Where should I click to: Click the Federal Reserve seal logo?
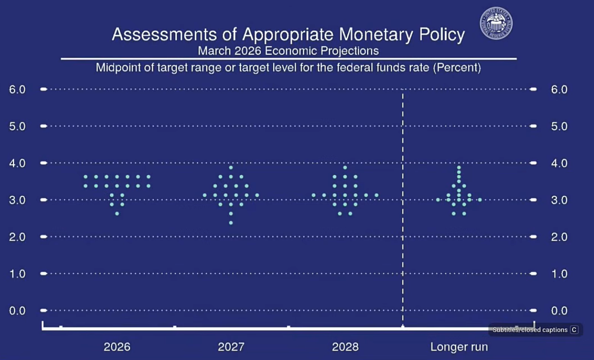coord(495,23)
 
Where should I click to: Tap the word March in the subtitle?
coord(214,51)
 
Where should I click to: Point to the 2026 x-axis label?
coord(117,346)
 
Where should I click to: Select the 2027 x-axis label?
coord(231,346)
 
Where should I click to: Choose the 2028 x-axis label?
coord(345,346)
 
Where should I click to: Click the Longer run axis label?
coord(459,346)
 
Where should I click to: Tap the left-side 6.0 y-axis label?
coord(17,89)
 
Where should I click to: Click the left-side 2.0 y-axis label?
coord(17,237)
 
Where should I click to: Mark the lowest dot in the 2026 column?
coord(117,214)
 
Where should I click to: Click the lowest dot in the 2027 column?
coord(231,223)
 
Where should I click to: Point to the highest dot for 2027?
coord(231,167)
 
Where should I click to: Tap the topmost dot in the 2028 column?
coord(345,167)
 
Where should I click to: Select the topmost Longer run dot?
coord(459,167)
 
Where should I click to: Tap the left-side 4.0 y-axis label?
coord(17,163)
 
